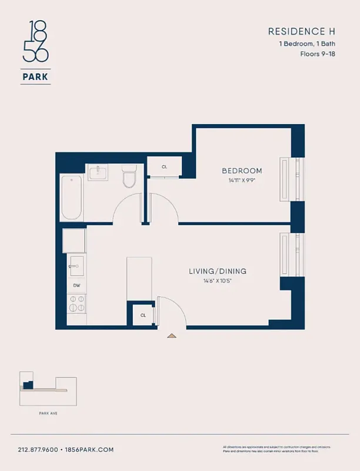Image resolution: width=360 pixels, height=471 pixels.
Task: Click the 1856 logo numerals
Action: pos(35,42)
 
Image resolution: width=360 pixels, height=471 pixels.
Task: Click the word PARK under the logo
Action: pos(35,76)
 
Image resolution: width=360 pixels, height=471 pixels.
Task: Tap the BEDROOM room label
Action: pos(242,171)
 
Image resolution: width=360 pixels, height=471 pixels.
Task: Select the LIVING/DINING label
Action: pos(217,271)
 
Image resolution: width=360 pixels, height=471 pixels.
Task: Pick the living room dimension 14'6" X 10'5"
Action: pos(217,280)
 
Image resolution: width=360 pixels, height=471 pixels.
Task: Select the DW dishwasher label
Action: pos(76,286)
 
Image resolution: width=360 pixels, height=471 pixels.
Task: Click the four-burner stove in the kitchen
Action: pos(76,303)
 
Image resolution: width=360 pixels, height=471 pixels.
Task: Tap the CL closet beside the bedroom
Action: pos(164,167)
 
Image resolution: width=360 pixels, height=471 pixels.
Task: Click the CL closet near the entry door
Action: pos(143,316)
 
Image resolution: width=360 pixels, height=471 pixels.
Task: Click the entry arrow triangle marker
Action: pos(172,336)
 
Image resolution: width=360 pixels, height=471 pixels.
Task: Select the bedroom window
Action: pos(292,180)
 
